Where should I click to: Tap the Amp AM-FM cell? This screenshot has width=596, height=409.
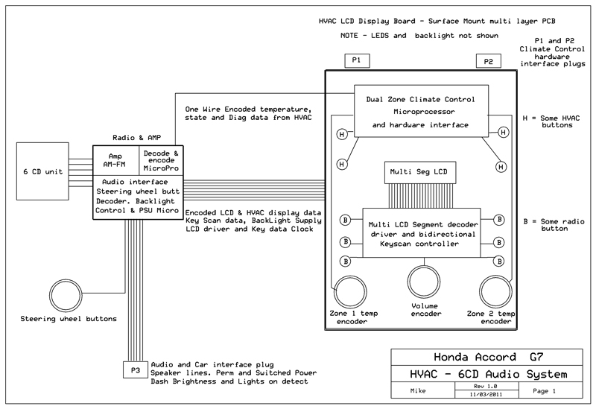[x=116, y=160]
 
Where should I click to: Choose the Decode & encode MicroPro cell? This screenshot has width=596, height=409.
[x=161, y=160]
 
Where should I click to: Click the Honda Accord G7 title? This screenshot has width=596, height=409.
[x=489, y=358]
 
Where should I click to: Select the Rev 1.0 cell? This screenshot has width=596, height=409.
[x=487, y=386]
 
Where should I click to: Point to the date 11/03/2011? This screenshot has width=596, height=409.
[x=486, y=394]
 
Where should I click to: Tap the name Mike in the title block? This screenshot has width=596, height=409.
[x=418, y=391]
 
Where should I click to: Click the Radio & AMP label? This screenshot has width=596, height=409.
[x=137, y=138]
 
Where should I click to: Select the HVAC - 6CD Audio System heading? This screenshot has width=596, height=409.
[x=489, y=375]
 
